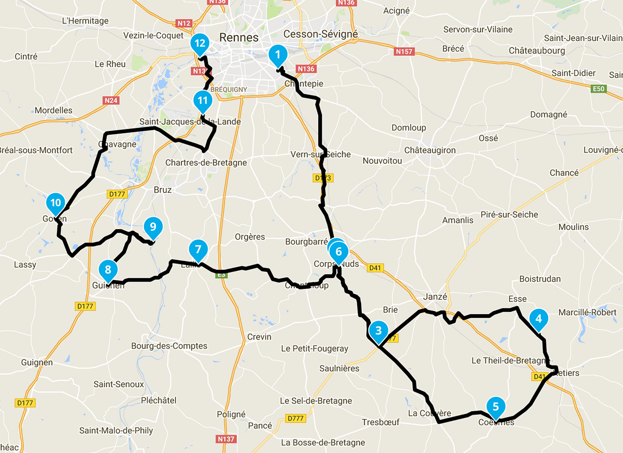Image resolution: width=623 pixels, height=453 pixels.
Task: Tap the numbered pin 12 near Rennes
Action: (x=200, y=43)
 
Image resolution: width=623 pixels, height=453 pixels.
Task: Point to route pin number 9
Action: (x=153, y=227)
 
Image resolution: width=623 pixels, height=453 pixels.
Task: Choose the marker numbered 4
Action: (x=538, y=319)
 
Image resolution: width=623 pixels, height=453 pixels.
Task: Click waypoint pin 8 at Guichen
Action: (x=108, y=269)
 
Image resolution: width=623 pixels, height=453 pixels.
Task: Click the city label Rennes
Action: (x=238, y=37)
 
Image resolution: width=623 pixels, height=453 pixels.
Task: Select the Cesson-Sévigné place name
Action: (x=320, y=34)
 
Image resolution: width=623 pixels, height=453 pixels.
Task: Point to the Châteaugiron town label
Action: (x=430, y=150)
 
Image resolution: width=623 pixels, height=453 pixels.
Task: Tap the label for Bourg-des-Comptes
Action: (x=169, y=346)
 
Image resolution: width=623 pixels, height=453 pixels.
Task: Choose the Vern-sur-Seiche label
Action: (x=320, y=154)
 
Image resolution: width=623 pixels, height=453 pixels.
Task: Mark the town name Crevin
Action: (x=259, y=337)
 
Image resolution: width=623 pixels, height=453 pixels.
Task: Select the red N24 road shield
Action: (x=111, y=100)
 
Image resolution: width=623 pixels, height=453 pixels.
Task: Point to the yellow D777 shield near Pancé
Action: (x=295, y=418)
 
